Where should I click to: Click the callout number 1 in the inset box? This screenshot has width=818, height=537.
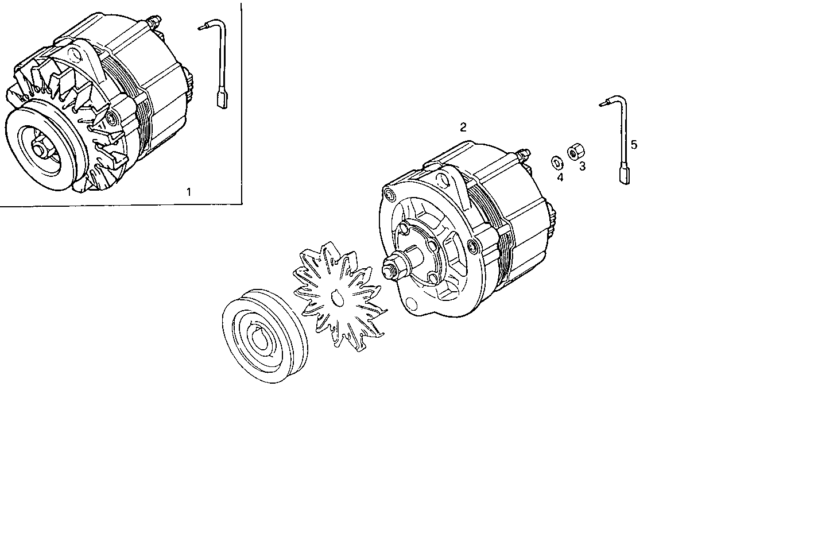[189, 192]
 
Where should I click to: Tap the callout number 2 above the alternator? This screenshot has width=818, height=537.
[463, 128]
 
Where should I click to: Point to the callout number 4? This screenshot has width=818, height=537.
[560, 177]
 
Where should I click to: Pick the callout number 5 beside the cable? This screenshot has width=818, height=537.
[634, 145]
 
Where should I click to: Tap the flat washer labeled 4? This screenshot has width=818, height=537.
[556, 161]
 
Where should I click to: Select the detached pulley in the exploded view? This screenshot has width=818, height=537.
[265, 337]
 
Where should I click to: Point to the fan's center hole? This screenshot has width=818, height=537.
[336, 298]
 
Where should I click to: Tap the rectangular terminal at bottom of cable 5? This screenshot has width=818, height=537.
[625, 175]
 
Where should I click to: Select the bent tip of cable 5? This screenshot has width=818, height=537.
[604, 104]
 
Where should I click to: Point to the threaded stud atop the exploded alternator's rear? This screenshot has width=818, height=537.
[523, 153]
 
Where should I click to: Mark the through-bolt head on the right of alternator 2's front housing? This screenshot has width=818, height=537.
[473, 248]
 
